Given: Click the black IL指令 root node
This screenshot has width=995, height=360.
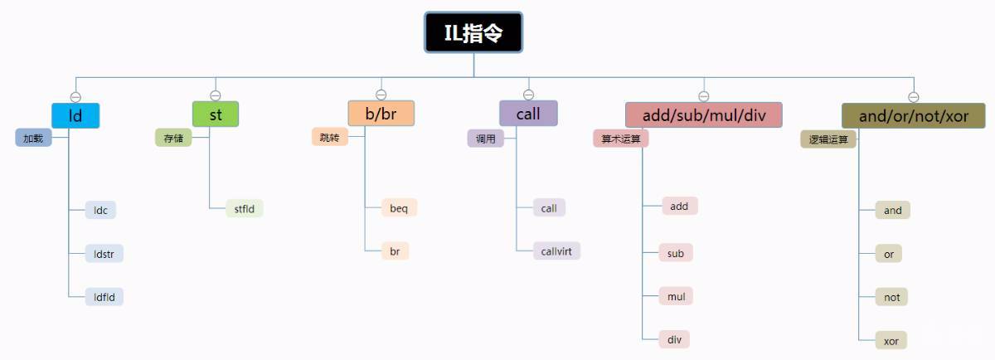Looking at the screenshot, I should tap(473, 32).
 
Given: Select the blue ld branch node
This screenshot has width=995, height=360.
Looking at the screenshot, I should tap(75, 115).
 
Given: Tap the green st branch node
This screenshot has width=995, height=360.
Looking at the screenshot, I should tap(216, 114).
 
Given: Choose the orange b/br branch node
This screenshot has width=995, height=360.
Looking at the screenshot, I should tap(381, 113).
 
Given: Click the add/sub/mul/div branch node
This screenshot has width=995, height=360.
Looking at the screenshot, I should tap(704, 114).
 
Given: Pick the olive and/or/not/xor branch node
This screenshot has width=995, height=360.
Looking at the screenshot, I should tap(913, 115).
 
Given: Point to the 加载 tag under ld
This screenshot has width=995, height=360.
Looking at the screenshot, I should tap(33, 138).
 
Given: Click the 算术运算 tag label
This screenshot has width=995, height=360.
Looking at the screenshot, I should tap(620, 139).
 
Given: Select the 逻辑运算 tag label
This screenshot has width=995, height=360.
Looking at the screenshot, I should tap(828, 139).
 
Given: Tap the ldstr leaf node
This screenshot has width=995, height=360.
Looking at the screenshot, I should tap(104, 253).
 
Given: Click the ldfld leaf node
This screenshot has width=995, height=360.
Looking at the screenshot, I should tap(104, 296).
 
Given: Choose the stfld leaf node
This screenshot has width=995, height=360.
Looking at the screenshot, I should tap(245, 208).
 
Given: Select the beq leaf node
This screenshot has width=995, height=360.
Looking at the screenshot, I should tap(399, 207).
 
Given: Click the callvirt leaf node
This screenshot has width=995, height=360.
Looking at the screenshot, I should tap(557, 251).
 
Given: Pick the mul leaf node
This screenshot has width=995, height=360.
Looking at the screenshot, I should tap(675, 295).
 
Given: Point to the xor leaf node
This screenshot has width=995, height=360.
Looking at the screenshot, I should tap(892, 340).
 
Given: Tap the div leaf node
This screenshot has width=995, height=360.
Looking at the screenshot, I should tap(674, 338).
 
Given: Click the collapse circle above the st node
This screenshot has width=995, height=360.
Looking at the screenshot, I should tap(216, 95).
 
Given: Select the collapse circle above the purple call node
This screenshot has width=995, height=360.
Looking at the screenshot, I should tap(528, 95).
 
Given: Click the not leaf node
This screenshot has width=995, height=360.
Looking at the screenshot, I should tap(892, 297).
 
